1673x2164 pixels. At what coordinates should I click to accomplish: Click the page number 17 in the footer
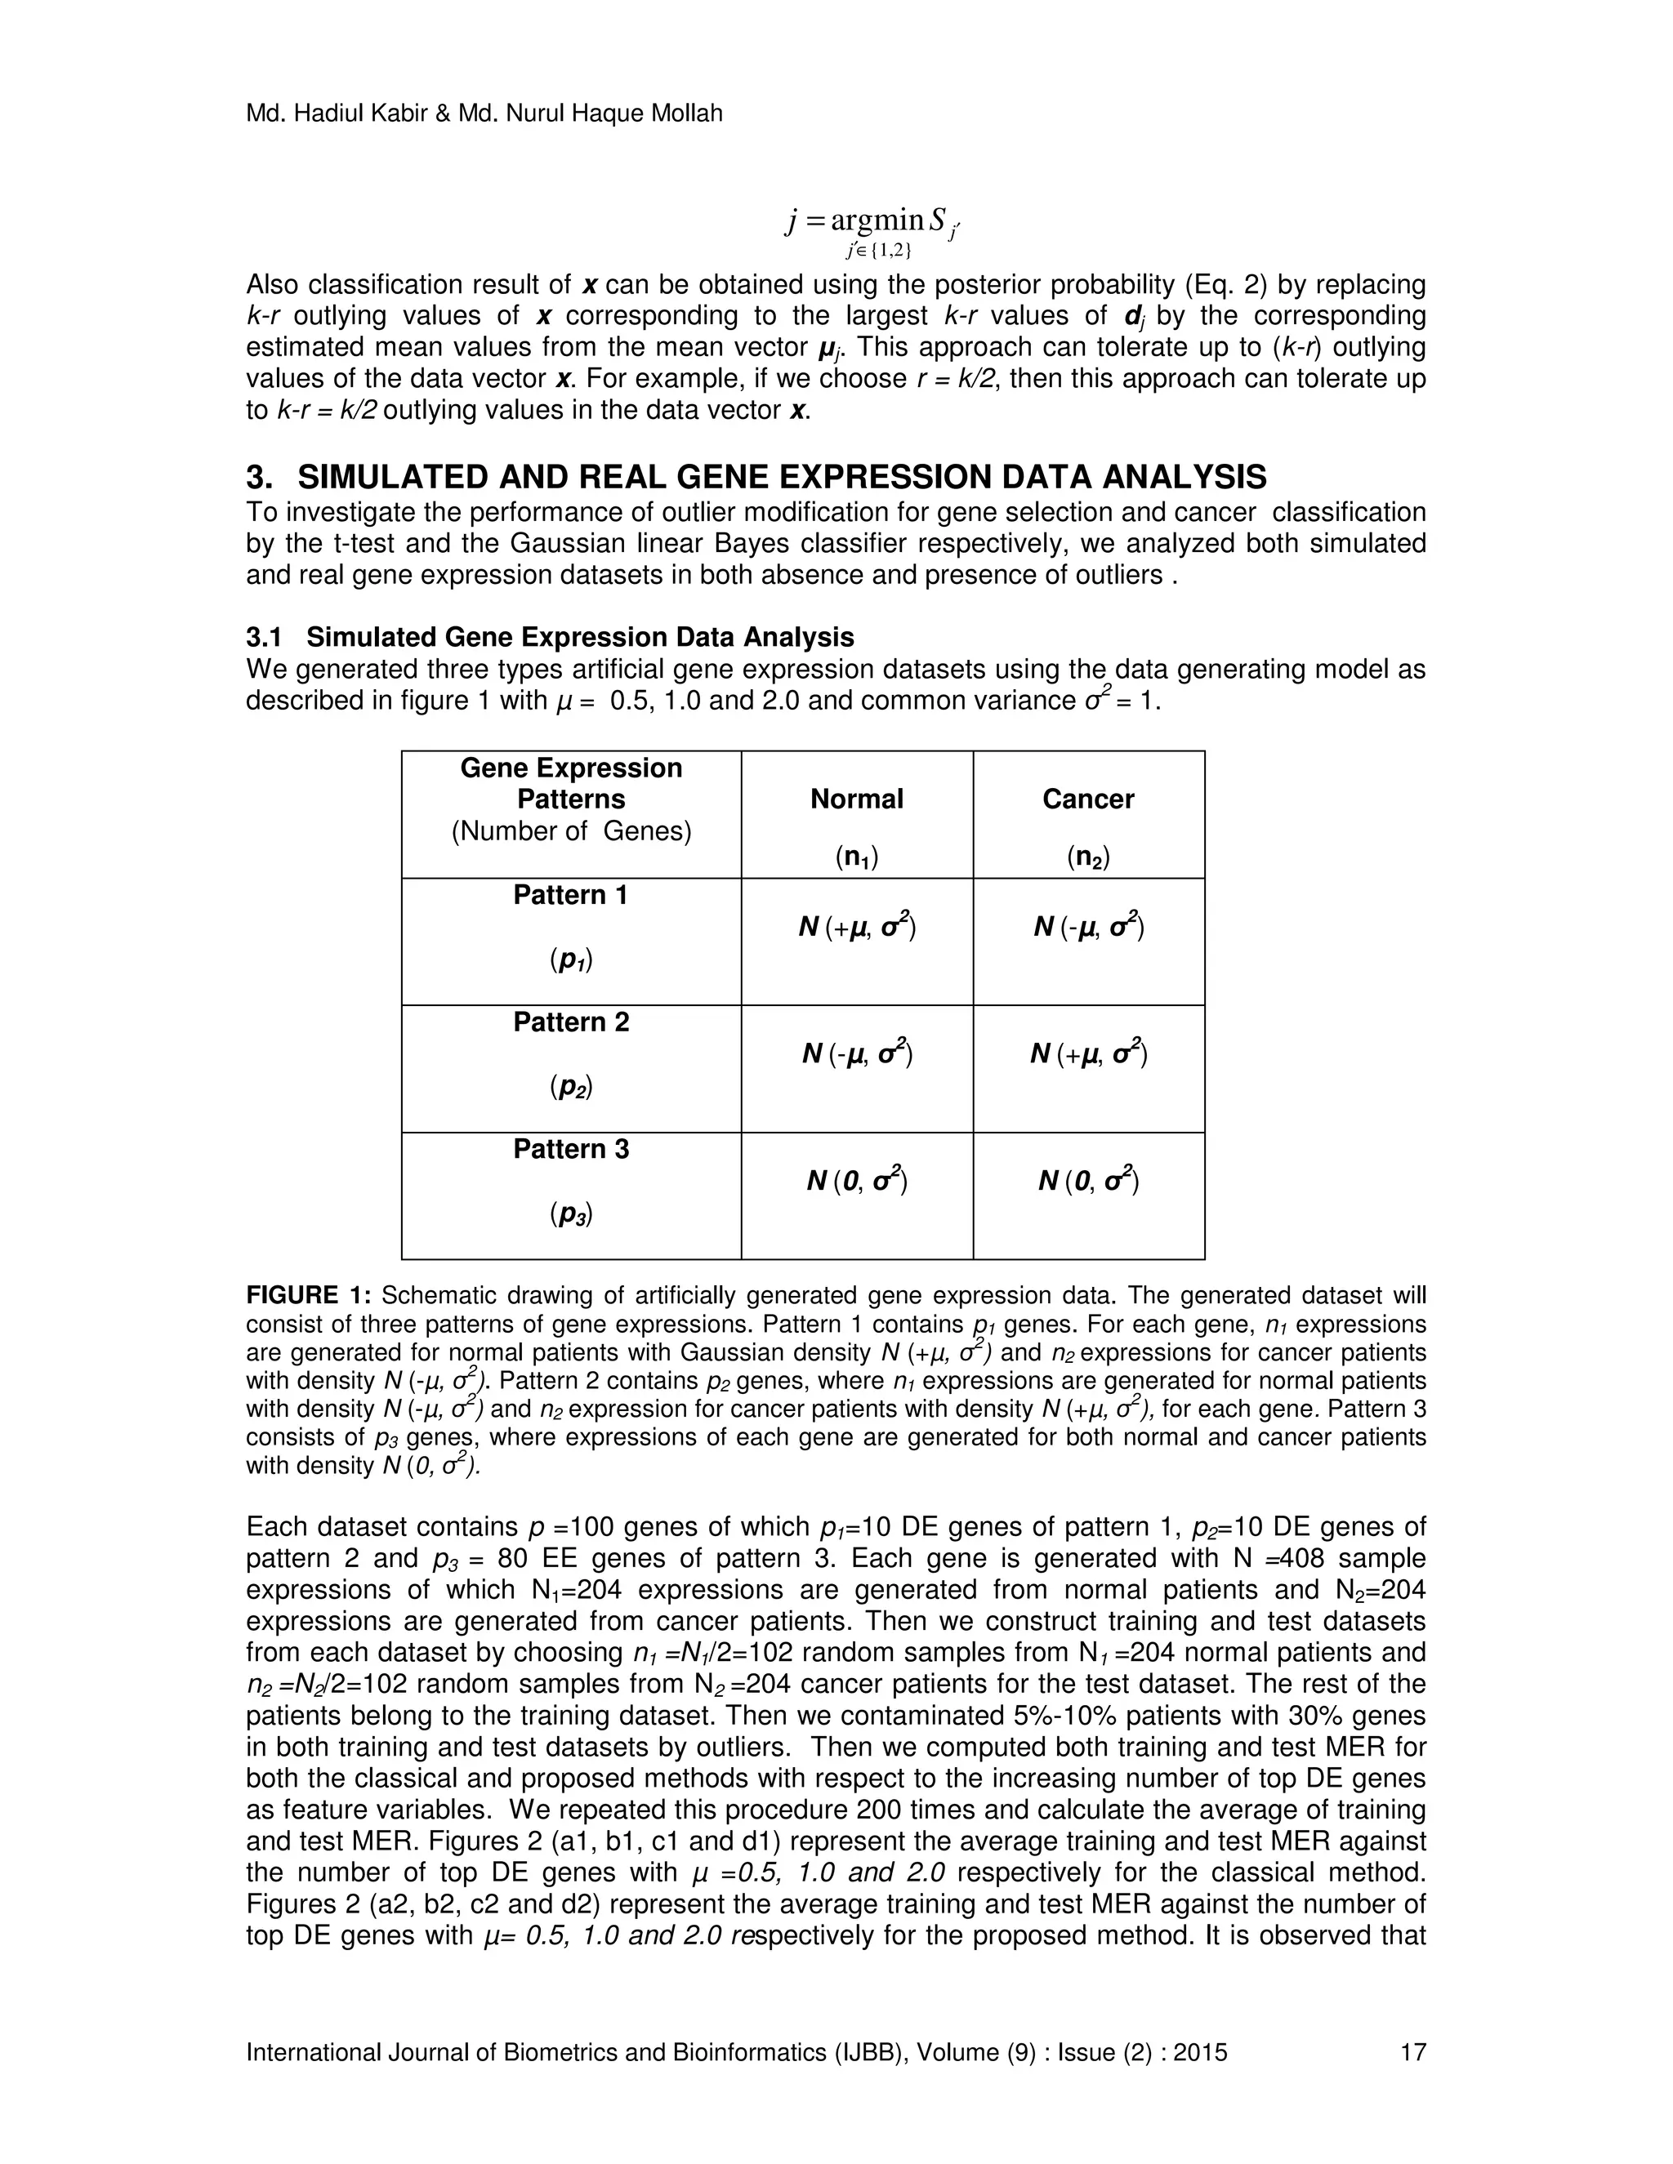1412,2052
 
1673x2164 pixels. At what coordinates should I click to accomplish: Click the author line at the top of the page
484,114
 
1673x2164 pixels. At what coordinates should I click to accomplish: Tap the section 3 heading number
259,478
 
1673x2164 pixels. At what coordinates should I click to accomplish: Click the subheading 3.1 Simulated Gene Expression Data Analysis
550,636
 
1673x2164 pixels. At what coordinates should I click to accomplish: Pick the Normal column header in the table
856,799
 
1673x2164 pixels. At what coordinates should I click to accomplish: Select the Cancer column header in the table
1087,799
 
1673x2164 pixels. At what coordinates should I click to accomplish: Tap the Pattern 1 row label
571,895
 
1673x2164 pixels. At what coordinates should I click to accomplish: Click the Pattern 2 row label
571,1022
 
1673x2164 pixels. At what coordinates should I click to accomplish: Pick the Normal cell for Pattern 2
856,1053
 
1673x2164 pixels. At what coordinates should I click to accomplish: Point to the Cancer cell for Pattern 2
1088,1053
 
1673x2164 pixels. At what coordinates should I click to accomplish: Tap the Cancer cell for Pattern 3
1088,1180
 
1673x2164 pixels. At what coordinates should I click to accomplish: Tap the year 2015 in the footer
1200,2052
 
